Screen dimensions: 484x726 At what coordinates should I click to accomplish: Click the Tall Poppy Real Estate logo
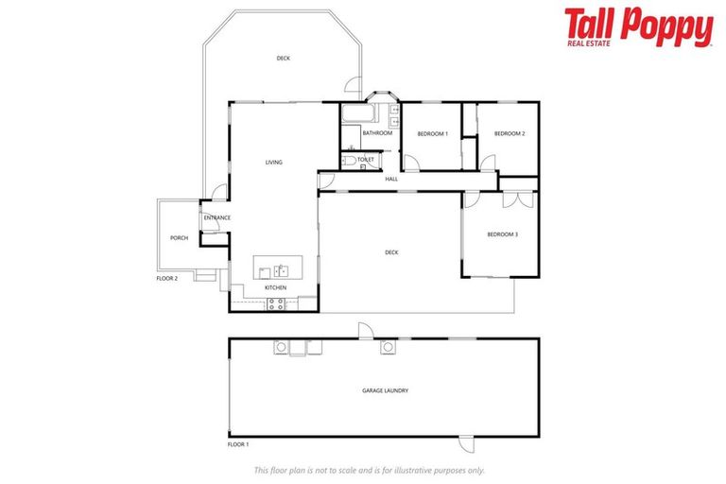638,27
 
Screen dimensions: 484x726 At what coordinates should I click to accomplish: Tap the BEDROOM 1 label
432,134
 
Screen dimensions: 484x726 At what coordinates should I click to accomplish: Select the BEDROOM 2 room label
510,134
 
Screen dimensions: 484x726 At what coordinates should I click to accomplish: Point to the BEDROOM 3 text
502,234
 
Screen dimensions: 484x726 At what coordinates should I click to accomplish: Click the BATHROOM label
376,133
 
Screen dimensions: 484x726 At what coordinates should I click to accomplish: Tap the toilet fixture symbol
349,162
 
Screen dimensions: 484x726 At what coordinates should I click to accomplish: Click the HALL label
390,178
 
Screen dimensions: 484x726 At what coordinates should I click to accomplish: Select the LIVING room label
273,163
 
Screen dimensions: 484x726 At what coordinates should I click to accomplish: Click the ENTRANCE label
216,218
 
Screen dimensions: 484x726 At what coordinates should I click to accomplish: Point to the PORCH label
179,238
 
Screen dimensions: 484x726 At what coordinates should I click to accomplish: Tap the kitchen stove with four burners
276,303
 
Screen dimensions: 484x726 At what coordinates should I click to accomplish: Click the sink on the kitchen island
280,270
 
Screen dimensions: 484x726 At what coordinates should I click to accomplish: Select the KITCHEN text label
275,287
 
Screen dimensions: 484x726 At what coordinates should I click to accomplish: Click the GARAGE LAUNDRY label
385,390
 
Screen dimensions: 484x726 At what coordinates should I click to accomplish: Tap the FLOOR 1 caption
237,443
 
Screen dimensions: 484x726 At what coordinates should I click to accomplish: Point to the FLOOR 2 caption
166,279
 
